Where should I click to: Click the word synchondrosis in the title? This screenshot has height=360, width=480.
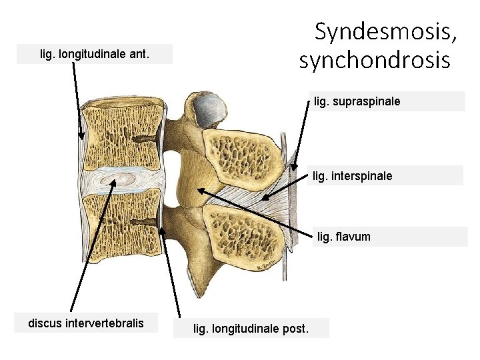coord(375,61)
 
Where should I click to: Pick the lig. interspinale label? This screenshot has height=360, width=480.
coord(353,176)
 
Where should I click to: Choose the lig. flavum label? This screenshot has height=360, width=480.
coord(344,236)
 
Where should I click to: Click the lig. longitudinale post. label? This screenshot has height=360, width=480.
coord(251,328)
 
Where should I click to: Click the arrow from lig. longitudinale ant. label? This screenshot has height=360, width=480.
coord(77,100)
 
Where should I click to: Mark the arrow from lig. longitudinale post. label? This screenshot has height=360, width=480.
coord(172,267)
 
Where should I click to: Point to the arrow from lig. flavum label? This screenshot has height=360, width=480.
coord(253,212)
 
